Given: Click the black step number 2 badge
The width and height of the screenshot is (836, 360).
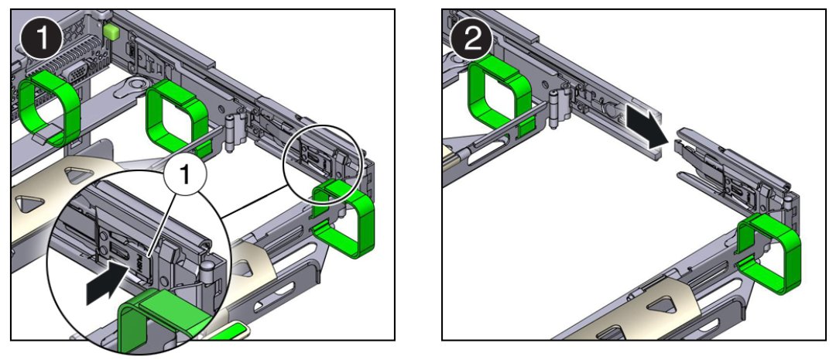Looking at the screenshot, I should click(x=471, y=36).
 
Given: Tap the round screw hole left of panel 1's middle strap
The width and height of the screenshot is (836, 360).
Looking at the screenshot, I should click(x=139, y=83).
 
